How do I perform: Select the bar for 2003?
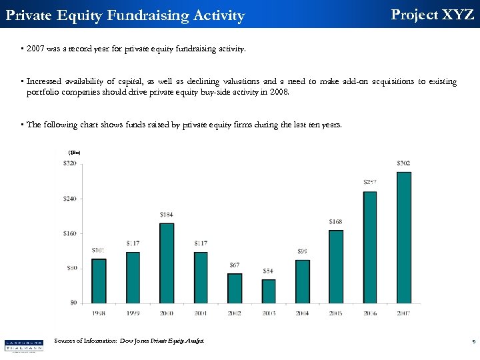(x=268, y=291)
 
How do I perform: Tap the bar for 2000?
(x=167, y=263)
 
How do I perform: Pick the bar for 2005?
(x=336, y=266)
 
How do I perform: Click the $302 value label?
(x=404, y=163)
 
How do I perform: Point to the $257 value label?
(x=370, y=182)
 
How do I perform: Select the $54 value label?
(x=268, y=271)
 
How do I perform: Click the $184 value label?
(x=167, y=214)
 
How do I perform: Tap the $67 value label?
(x=235, y=265)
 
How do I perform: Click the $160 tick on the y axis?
(x=69, y=233)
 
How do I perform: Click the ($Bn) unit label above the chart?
(x=74, y=153)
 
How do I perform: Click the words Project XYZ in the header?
(x=432, y=14)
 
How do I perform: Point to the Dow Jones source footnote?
(x=129, y=341)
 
